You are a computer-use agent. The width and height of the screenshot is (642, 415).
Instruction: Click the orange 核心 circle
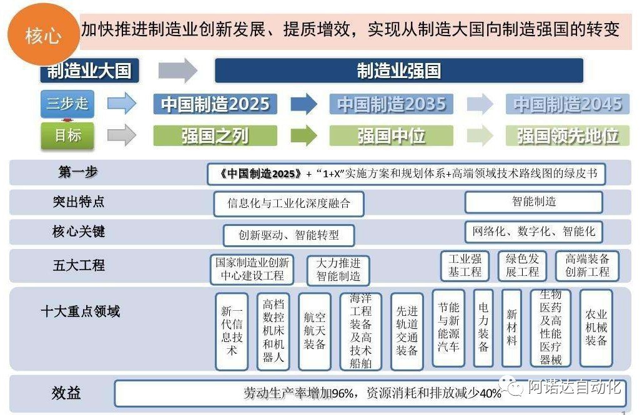click(43, 36)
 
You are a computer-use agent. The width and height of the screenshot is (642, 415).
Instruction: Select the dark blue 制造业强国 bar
click(398, 71)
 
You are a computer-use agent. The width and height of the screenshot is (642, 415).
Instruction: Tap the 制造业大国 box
click(89, 71)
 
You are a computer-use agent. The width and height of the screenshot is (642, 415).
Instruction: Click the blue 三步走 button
click(67, 104)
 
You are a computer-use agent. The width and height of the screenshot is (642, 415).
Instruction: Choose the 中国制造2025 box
click(215, 104)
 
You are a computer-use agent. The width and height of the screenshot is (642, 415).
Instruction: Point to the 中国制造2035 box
click(392, 104)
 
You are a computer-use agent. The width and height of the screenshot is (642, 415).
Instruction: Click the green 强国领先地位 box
click(567, 135)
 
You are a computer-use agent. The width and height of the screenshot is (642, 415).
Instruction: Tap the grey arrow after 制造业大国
click(177, 71)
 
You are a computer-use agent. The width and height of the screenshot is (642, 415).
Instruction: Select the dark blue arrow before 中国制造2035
click(304, 104)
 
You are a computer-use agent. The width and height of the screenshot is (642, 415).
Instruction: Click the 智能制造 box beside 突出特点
click(533, 202)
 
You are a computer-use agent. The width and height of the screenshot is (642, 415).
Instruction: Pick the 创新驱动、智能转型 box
click(289, 235)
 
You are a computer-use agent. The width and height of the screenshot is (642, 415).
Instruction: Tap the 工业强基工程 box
click(465, 265)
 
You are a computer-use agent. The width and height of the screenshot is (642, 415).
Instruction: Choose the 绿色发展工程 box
click(522, 265)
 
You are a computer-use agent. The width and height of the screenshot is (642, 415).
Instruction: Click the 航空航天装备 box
click(314, 331)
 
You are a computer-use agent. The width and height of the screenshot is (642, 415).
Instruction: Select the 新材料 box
click(511, 328)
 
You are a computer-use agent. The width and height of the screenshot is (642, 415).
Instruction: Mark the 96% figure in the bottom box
click(343, 393)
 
